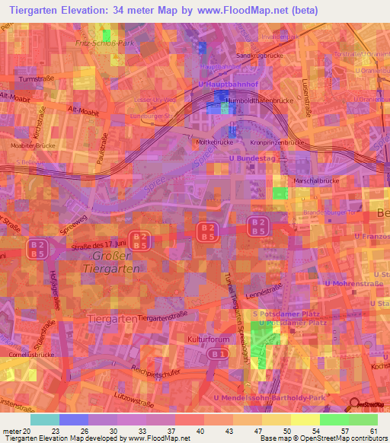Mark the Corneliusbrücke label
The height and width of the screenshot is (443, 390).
click(x=27, y=354)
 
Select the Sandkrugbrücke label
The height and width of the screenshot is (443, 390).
click(x=255, y=56)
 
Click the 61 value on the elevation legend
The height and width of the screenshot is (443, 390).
click(x=373, y=431)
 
